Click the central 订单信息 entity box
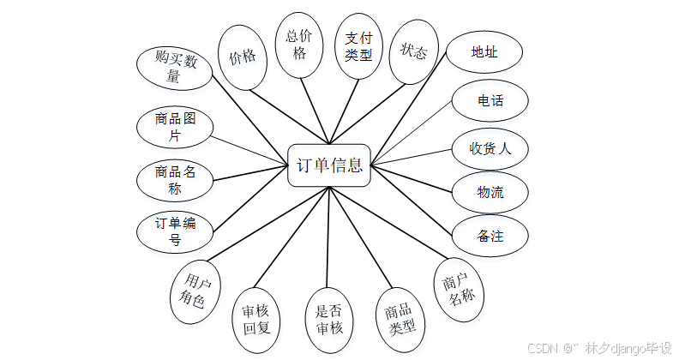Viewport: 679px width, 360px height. [x=329, y=165]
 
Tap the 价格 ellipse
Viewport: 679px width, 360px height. [x=243, y=57]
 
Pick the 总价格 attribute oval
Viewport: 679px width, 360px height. [x=300, y=45]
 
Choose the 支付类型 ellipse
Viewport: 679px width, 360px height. [x=358, y=47]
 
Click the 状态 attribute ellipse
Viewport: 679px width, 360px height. [x=413, y=52]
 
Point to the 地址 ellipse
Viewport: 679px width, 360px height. [x=484, y=53]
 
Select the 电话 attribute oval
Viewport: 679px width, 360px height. [x=490, y=100]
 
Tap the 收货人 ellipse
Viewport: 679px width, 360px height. [x=490, y=147]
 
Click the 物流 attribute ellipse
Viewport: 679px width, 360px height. [x=490, y=193]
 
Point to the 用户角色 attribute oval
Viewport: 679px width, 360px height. [x=195, y=292]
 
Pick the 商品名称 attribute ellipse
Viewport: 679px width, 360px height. [x=175, y=180]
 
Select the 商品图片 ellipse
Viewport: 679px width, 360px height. [x=175, y=128]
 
